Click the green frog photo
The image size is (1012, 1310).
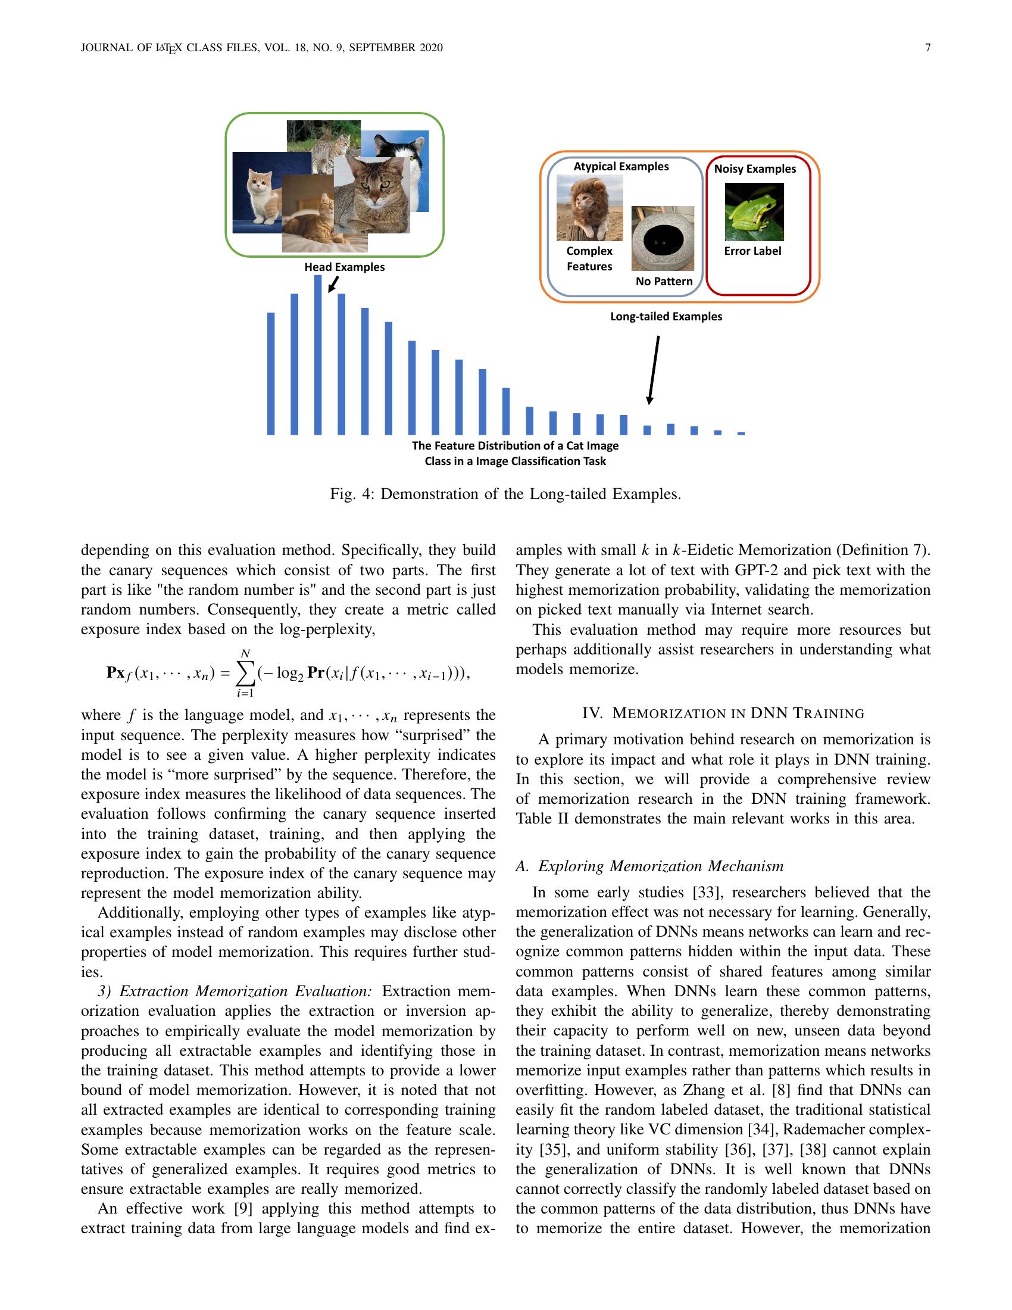pyautogui.click(x=754, y=212)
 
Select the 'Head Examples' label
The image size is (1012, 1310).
pyautogui.click(x=344, y=267)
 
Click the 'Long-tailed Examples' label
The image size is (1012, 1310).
pyautogui.click(x=666, y=316)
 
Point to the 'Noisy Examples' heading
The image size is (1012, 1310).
pyautogui.click(x=755, y=169)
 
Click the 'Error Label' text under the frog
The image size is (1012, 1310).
pyautogui.click(x=752, y=251)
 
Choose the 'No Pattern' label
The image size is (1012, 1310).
pyautogui.click(x=664, y=281)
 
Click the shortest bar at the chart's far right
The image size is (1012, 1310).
pyautogui.click(x=741, y=433)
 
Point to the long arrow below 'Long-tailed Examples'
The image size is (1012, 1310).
pyautogui.click(x=654, y=369)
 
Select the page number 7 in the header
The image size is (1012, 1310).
pyautogui.click(x=927, y=48)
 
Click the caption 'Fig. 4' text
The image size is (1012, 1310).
pyautogui.click(x=351, y=494)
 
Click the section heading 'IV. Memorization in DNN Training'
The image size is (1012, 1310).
pyautogui.click(x=723, y=713)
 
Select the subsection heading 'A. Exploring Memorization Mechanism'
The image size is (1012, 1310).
pyautogui.click(x=649, y=866)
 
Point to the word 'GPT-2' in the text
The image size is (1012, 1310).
pyautogui.click(x=756, y=570)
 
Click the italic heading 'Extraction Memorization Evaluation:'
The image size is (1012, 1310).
pyautogui.click(x=245, y=991)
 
